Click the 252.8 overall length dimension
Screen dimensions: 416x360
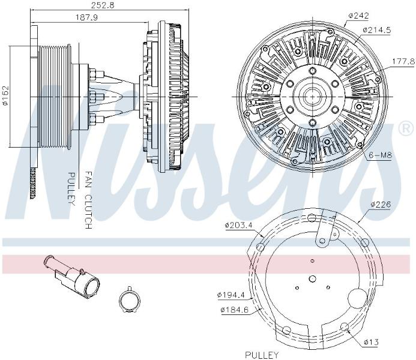pyautogui.click(x=103, y=5)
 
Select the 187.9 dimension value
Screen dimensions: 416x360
pyautogui.click(x=87, y=17)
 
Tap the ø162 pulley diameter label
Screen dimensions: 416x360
pyautogui.click(x=5, y=95)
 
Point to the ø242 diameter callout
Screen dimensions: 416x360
pyautogui.click(x=358, y=16)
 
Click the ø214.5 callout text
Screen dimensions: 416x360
pyautogui.click(x=377, y=30)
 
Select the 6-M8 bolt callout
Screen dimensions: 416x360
pyautogui.click(x=381, y=155)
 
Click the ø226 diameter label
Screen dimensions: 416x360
pyautogui.click(x=381, y=205)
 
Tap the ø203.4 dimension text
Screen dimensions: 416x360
pyautogui.click(x=238, y=226)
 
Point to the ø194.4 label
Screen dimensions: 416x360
pyautogui.click(x=231, y=295)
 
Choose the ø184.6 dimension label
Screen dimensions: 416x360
pyautogui.click(x=235, y=310)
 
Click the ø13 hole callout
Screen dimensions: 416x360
pyautogui.click(x=371, y=342)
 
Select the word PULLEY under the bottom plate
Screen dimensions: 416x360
pyautogui.click(x=262, y=355)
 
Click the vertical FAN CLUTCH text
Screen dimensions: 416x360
pyautogui.click(x=88, y=200)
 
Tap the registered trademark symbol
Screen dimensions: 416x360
pyautogui.click(x=405, y=129)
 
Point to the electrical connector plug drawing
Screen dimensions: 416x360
pyautogui.click(x=71, y=277)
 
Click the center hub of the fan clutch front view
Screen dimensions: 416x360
pyautogui.click(x=313, y=97)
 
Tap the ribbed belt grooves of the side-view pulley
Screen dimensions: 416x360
pyautogui.click(x=55, y=97)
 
